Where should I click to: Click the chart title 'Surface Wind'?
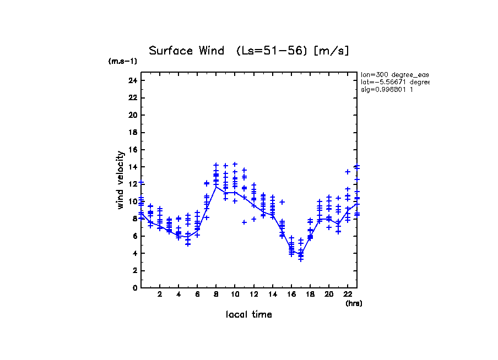(187, 51)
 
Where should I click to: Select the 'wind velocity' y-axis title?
(121, 180)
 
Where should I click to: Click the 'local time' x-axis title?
(249, 315)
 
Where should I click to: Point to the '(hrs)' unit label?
(354, 303)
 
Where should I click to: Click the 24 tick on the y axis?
(132, 81)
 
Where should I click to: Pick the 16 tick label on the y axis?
(132, 150)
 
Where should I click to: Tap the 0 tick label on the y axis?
(134, 287)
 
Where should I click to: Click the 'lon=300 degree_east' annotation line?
(394, 74)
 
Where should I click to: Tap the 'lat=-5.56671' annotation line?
(394, 81)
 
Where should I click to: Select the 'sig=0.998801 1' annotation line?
(387, 89)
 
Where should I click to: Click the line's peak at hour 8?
(216, 187)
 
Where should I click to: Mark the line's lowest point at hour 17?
(301, 254)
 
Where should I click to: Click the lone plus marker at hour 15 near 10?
(282, 202)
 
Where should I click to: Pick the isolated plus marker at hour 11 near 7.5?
(244, 222)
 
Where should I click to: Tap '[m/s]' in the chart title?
(331, 51)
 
